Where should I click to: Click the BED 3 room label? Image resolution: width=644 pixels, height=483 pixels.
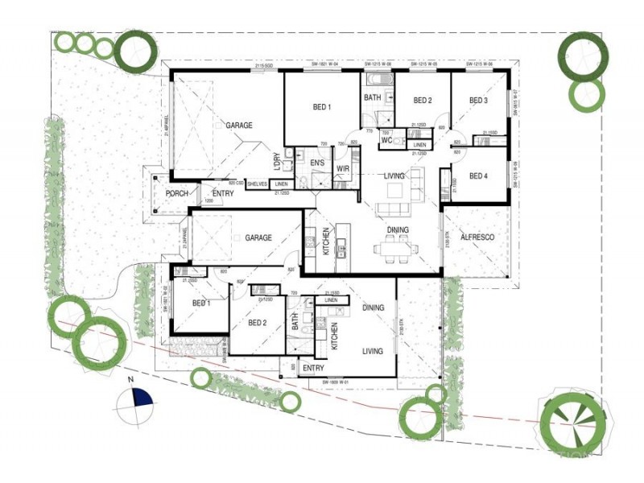pos(479,101)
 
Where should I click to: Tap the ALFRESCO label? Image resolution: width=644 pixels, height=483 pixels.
pos(477,238)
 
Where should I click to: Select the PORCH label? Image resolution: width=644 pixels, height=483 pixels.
pos(176,194)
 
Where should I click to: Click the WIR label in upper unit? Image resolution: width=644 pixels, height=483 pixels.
pos(341,168)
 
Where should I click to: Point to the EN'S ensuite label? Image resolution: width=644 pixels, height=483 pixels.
pos(316,163)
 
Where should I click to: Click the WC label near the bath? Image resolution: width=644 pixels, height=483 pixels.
pos(386,141)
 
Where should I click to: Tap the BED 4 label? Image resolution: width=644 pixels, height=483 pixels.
pos(478,176)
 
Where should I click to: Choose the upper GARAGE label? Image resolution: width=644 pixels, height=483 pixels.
pos(238,126)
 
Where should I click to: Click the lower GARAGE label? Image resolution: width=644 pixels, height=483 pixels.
pos(258,238)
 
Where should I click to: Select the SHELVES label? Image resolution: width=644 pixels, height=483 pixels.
pos(258,184)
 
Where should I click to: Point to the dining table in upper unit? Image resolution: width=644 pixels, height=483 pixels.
pos(395,249)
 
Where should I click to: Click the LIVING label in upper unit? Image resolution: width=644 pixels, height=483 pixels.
pos(394,175)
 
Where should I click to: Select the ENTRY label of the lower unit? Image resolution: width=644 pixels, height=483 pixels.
pos(313,368)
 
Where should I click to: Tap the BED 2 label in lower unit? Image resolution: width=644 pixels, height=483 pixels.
pos(258,323)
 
